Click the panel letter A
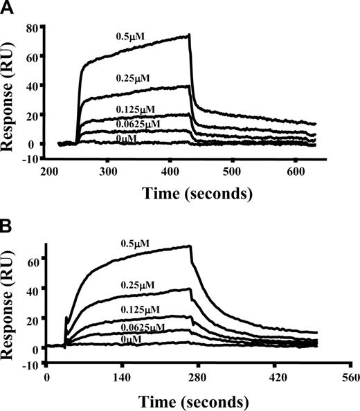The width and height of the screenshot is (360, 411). coord(8,8)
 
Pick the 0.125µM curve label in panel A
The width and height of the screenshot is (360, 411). coord(136,109)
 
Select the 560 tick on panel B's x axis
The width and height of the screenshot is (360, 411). coord(350,377)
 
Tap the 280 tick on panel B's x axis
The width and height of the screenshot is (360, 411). coord(198,377)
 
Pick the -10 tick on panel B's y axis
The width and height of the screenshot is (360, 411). coord(32,365)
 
